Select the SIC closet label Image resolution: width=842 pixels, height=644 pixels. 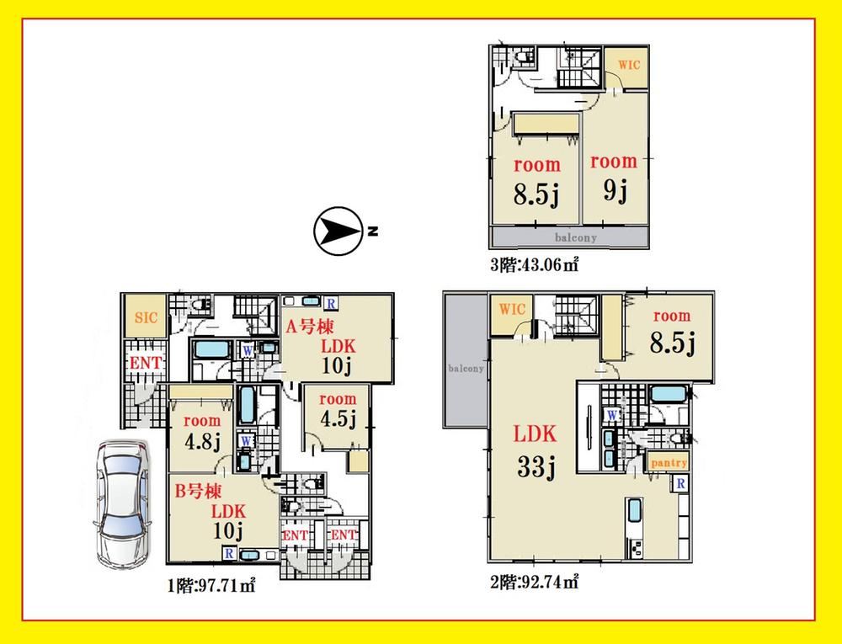146,317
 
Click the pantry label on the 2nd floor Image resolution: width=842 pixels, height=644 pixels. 669,463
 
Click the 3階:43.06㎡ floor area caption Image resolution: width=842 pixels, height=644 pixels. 535,264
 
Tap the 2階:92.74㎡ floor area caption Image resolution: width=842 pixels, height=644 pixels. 535,582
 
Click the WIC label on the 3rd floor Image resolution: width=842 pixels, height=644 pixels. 629,65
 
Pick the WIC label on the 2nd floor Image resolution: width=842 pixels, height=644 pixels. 512,309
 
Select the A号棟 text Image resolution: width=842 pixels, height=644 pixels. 309,326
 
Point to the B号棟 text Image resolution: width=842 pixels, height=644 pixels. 198,491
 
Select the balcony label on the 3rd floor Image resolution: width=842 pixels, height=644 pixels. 575,237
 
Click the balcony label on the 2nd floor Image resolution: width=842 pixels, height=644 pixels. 466,368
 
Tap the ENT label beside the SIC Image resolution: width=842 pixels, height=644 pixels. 145,364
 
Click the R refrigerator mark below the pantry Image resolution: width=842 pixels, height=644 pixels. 680,483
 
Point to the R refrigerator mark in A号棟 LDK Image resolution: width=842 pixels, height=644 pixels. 331,303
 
